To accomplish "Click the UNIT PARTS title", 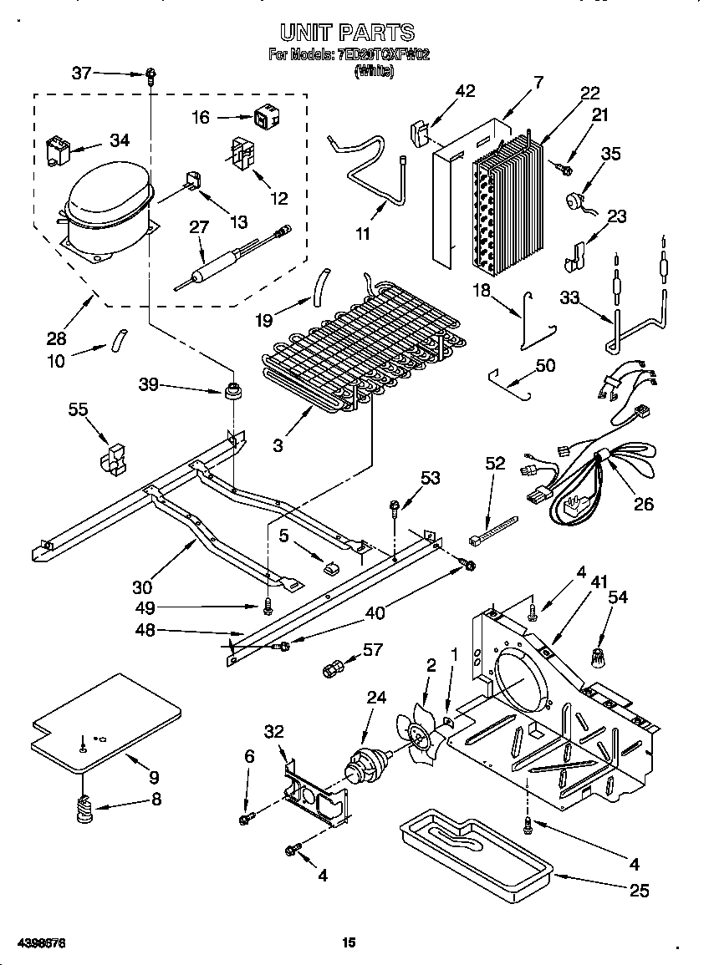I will click(x=347, y=33).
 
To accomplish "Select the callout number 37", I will click(x=81, y=74).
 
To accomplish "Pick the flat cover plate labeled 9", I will click(x=105, y=721).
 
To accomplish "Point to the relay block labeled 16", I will click(x=263, y=119).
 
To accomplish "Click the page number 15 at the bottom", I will click(x=349, y=942).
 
